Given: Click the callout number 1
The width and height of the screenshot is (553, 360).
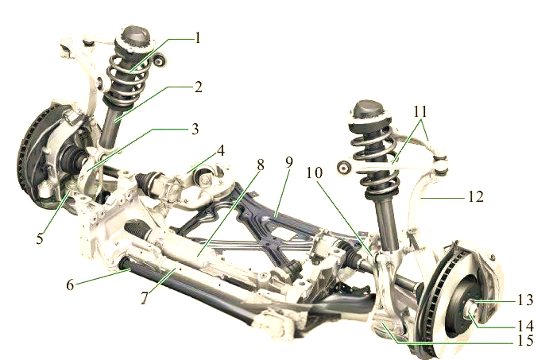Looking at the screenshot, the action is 198,37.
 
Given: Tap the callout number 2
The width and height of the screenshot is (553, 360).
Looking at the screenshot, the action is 198,87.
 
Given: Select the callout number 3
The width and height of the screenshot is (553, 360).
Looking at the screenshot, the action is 195,129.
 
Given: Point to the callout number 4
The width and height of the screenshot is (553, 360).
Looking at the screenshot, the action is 220,150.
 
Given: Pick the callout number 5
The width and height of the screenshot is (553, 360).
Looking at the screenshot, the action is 40,238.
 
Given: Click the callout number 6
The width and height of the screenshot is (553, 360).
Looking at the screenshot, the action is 71,285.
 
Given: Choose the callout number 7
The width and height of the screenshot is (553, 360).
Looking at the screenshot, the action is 145,298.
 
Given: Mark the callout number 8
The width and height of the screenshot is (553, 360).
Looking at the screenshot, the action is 261,165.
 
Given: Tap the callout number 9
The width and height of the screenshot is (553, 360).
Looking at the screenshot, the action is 289,162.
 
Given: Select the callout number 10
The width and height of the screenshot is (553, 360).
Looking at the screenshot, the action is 314,172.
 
